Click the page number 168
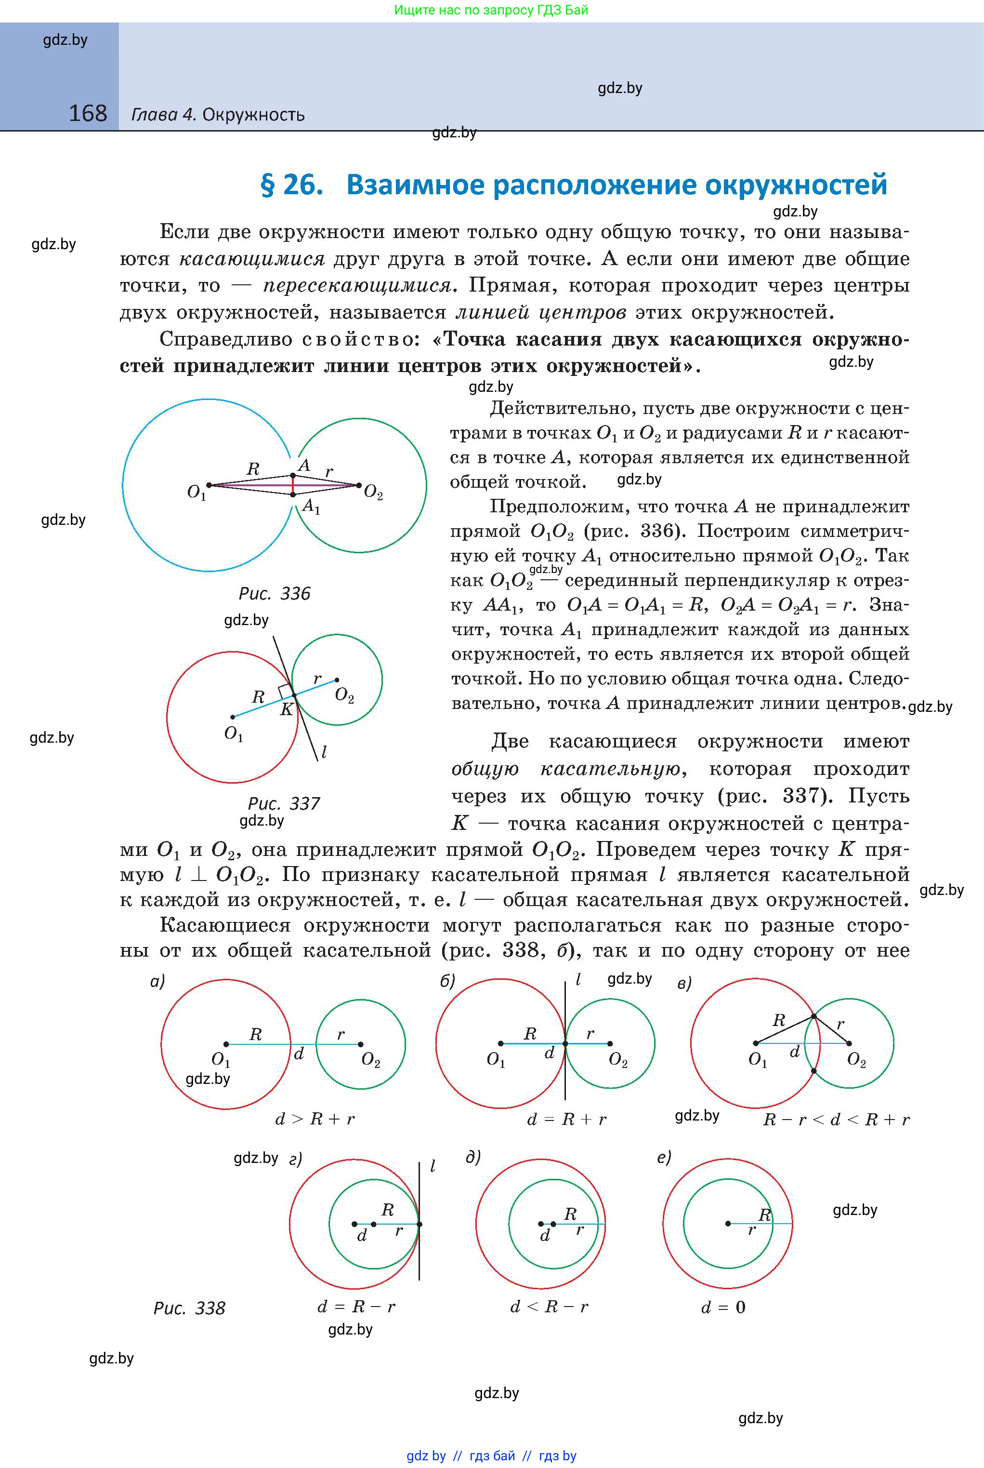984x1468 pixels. click(x=88, y=114)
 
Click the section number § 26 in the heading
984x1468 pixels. click(x=292, y=185)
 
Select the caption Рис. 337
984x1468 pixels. click(x=284, y=804)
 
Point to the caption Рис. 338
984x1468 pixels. click(x=189, y=1308)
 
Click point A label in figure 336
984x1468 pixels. click(x=304, y=465)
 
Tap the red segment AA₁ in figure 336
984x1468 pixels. click(x=293, y=485)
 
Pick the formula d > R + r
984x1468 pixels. click(x=315, y=1120)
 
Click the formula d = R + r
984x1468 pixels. click(x=567, y=1120)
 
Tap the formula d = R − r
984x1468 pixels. click(x=356, y=1307)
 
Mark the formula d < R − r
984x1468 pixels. click(x=549, y=1307)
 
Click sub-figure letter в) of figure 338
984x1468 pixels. click(x=684, y=984)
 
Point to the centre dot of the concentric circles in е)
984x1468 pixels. click(x=728, y=1223)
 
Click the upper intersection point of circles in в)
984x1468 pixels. click(x=813, y=1016)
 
